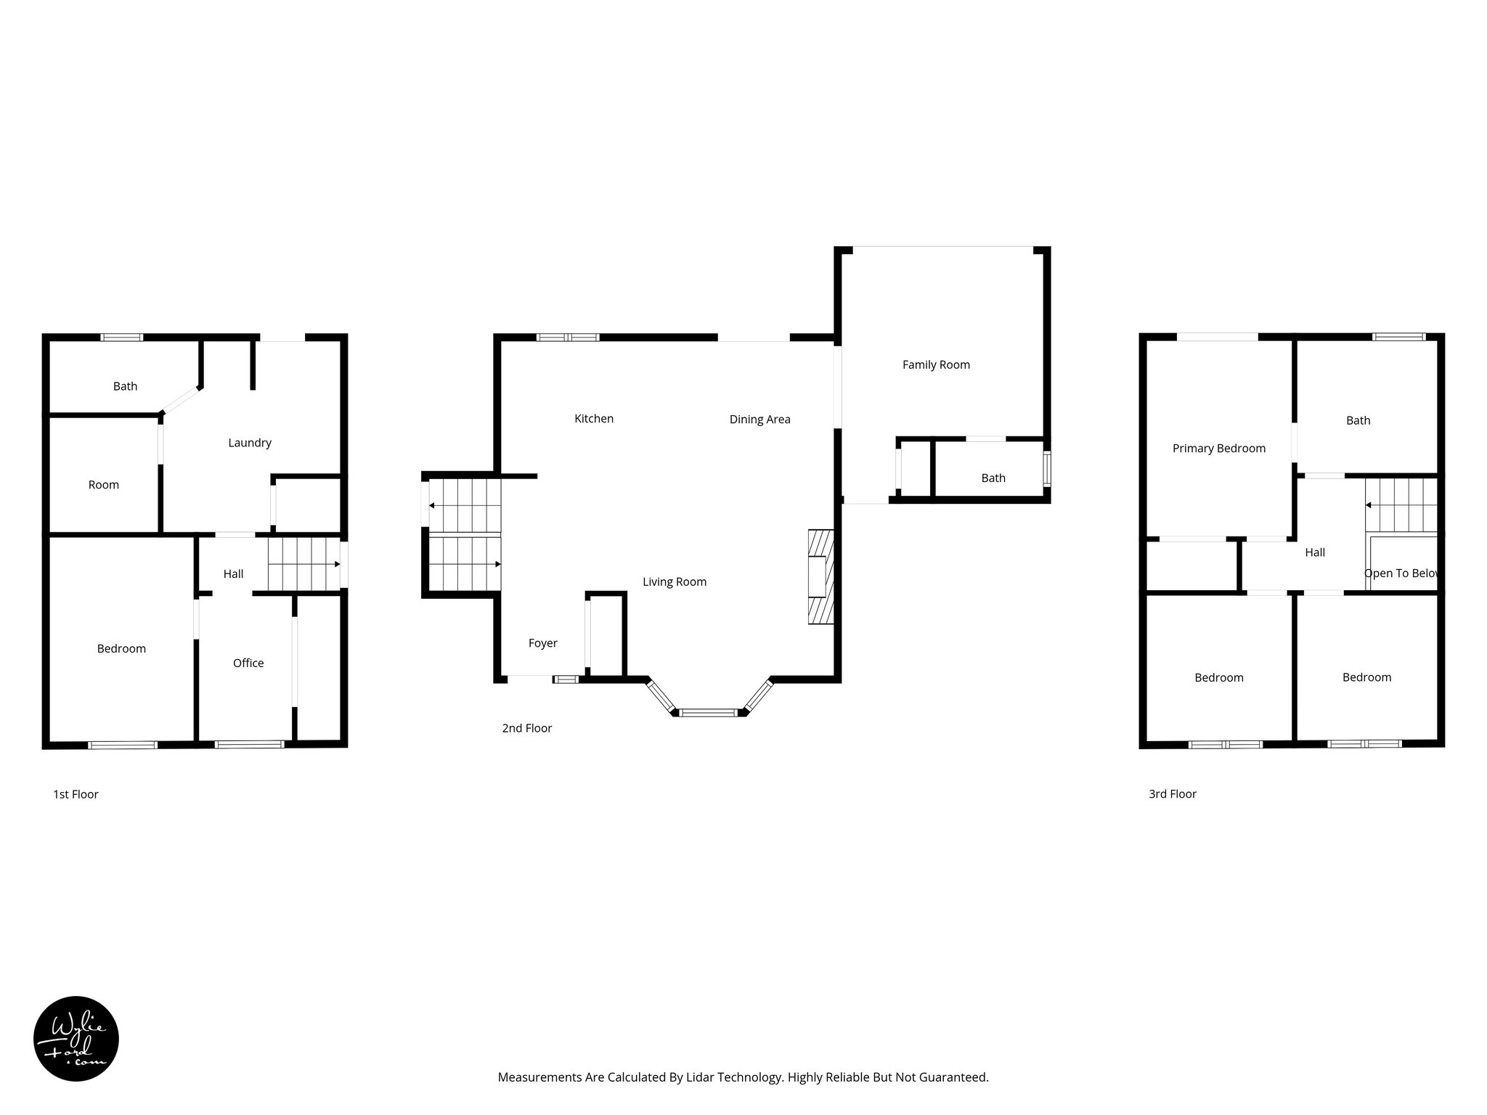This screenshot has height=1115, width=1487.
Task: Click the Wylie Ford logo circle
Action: (x=76, y=1039)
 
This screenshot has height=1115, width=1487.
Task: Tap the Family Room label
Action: (x=936, y=365)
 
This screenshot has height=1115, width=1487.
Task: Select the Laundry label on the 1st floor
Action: (x=249, y=443)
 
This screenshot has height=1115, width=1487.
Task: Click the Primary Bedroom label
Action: (x=1218, y=449)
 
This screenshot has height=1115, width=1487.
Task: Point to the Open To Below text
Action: (x=1401, y=573)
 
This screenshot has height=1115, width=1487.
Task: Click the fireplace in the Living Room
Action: (x=821, y=577)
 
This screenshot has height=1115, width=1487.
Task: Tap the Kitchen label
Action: (x=593, y=419)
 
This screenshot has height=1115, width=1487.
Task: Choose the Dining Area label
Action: (x=759, y=420)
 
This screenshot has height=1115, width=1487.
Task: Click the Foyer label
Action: (x=542, y=643)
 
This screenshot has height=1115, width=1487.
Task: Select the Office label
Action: (x=248, y=663)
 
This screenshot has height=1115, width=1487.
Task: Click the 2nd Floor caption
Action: (x=526, y=728)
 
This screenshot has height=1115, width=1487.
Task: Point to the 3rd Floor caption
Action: (x=1172, y=794)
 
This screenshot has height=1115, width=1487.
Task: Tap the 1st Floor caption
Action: (x=76, y=794)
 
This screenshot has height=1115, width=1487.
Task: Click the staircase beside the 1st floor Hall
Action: (x=303, y=564)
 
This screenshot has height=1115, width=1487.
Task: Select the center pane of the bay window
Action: (x=708, y=713)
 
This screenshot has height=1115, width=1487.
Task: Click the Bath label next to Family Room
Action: (x=993, y=478)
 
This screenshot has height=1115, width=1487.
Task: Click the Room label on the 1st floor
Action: (x=103, y=485)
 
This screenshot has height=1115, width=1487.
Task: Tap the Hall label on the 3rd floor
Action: (x=1314, y=552)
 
